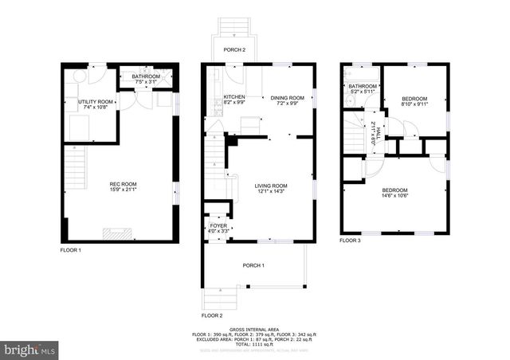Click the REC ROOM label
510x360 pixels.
[x=123, y=185]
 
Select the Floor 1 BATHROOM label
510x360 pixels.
[x=146, y=77]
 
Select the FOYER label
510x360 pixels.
[x=218, y=226]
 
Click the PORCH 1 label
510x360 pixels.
[x=253, y=265]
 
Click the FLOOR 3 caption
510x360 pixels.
[x=350, y=241]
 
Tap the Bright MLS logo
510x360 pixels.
[x=30, y=349]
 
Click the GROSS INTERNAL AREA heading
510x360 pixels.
[x=255, y=329]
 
